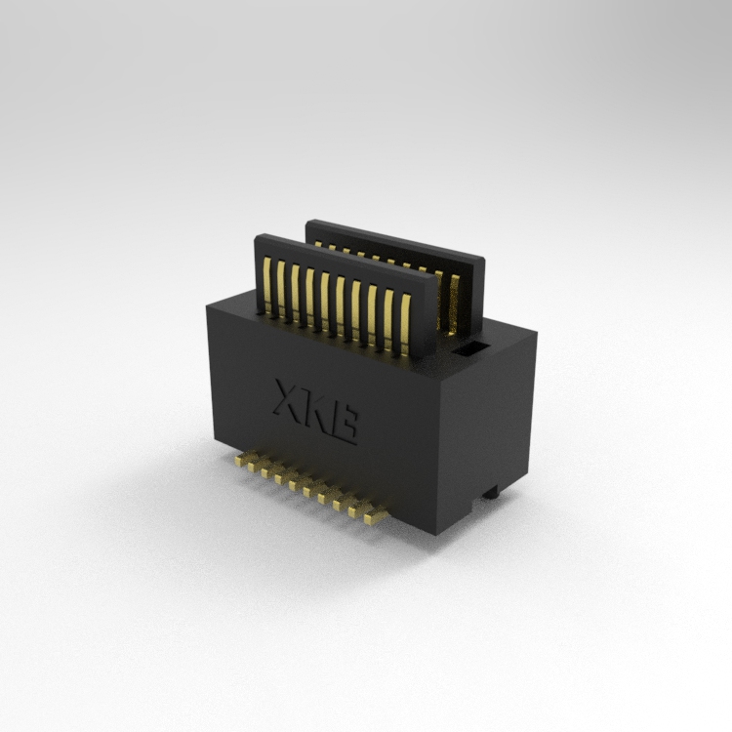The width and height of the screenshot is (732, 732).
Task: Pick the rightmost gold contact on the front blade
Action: coord(405,324)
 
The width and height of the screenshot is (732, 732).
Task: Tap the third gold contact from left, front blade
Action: coord(295,293)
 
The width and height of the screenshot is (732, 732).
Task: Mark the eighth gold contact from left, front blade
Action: coord(372,314)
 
